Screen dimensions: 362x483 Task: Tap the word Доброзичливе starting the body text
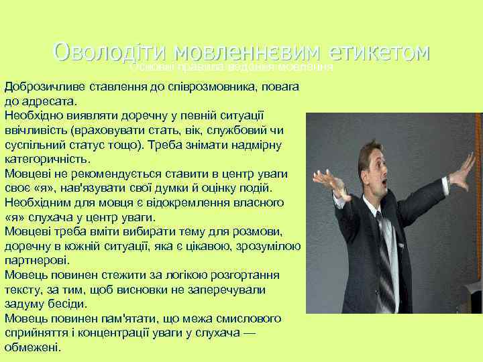click(41, 88)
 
